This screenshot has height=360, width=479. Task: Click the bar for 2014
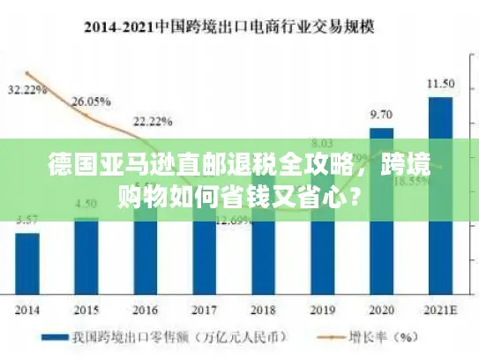pos(27,264)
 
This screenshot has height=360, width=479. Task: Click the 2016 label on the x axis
pos(146,311)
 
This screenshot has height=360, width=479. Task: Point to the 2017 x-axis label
pos(204,311)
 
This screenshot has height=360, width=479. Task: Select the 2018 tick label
pos(263,311)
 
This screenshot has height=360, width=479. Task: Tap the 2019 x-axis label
pos(322,311)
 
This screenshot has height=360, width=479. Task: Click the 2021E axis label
pos(440,311)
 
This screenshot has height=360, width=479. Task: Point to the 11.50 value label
pos(440,84)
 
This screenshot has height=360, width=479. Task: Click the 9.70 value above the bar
pos(381,115)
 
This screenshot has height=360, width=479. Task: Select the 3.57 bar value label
pos(27,220)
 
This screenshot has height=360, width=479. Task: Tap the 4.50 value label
pos(86,205)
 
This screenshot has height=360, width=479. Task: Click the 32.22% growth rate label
pos(27,90)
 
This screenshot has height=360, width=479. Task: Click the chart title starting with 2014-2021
pos(239,26)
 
